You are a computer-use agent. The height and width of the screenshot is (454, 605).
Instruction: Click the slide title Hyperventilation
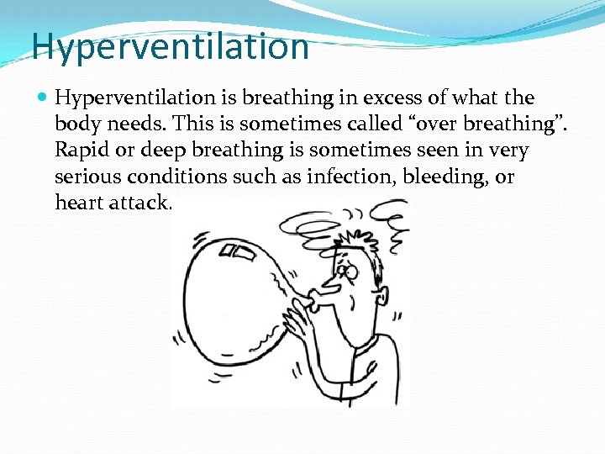(x=170, y=46)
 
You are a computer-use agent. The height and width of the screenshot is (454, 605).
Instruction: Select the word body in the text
(x=77, y=124)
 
